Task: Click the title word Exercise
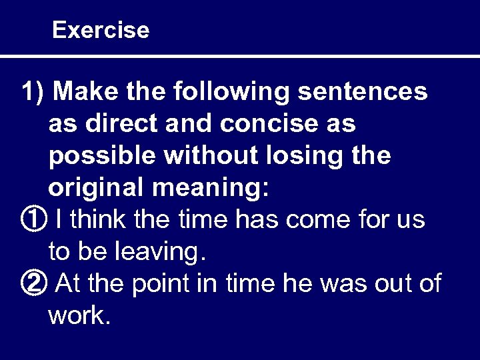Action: tap(100, 30)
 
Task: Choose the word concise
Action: tap(263, 124)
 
